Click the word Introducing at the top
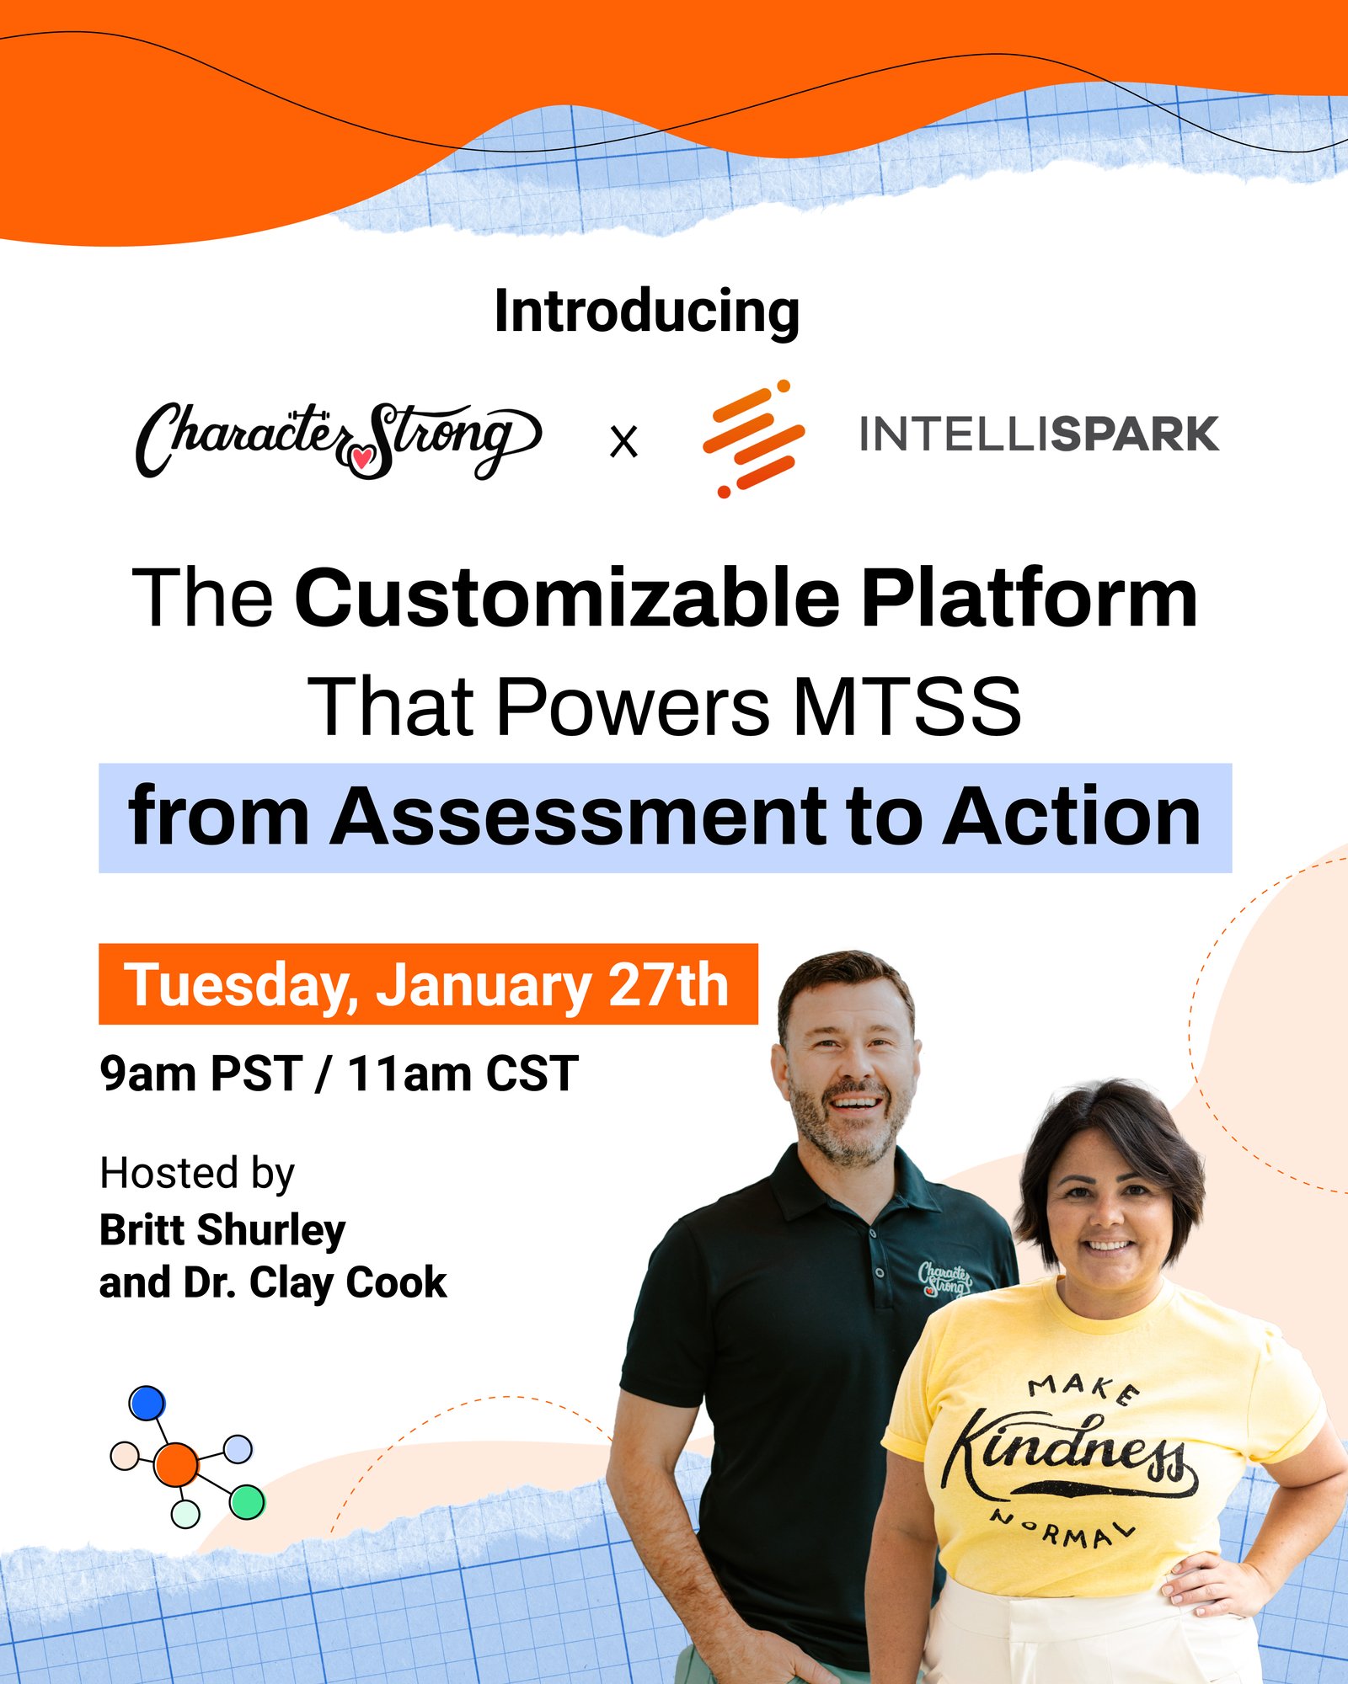click(646, 312)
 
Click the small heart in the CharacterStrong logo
click(362, 457)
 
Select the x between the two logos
click(623, 441)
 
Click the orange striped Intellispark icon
click(753, 439)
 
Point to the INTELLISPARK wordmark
click(1039, 434)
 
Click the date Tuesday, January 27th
click(427, 984)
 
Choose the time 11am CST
click(463, 1074)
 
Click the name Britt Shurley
click(222, 1230)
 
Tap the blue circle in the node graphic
click(147, 1404)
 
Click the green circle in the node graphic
click(247, 1502)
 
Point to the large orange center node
click(176, 1464)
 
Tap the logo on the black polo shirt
click(944, 1277)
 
